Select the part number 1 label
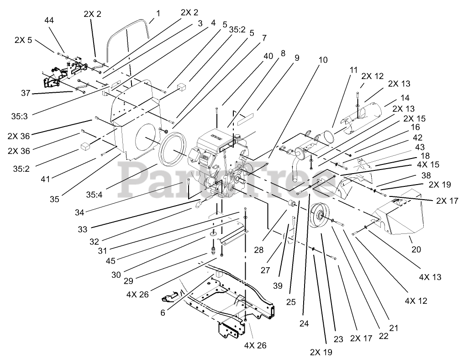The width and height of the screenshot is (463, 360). click(158, 13)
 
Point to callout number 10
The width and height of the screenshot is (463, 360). click(323, 60)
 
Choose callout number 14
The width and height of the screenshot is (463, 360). click(405, 97)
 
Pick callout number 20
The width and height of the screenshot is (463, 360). click(416, 249)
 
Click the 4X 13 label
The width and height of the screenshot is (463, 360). click(431, 277)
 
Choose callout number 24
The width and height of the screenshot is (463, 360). click(304, 323)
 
